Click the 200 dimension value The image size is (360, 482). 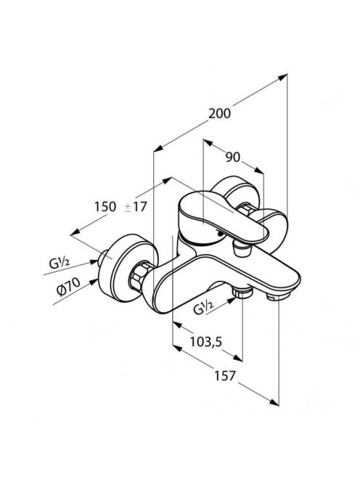(219, 113)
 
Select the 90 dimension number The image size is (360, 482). (232, 158)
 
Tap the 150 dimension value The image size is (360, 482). (105, 207)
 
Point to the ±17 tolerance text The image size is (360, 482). (136, 207)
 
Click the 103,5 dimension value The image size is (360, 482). (205, 341)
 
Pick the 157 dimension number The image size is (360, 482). (224, 375)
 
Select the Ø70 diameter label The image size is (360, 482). (68, 286)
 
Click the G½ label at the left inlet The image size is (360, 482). (60, 263)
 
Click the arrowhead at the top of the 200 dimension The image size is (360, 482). (284, 77)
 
